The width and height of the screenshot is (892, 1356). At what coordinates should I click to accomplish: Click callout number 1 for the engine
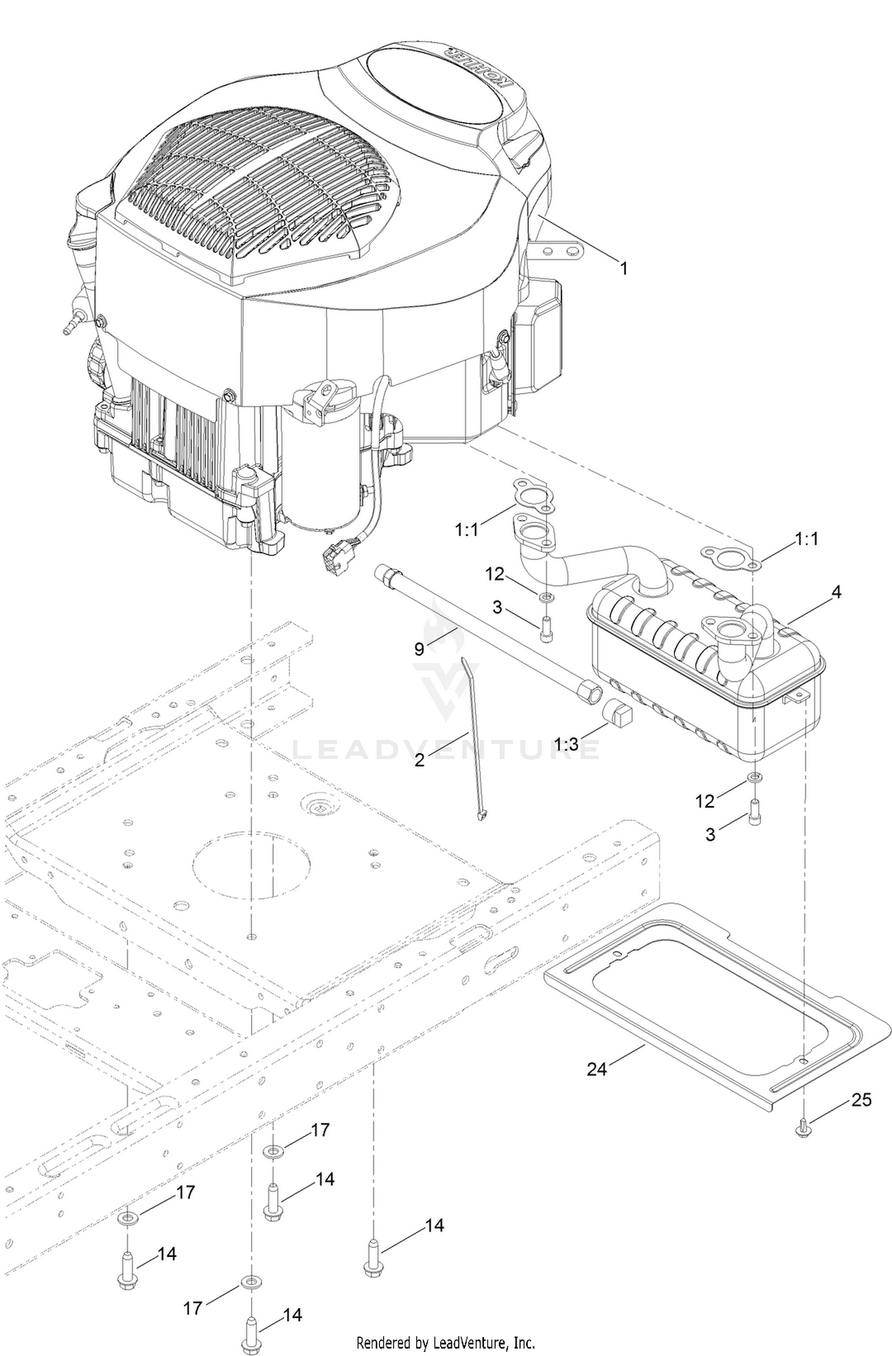point(623,269)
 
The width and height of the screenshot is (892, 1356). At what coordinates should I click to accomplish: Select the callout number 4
point(836,592)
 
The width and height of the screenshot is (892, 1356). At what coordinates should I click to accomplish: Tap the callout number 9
point(419,649)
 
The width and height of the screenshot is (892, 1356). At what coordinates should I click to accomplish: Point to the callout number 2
point(420,759)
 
